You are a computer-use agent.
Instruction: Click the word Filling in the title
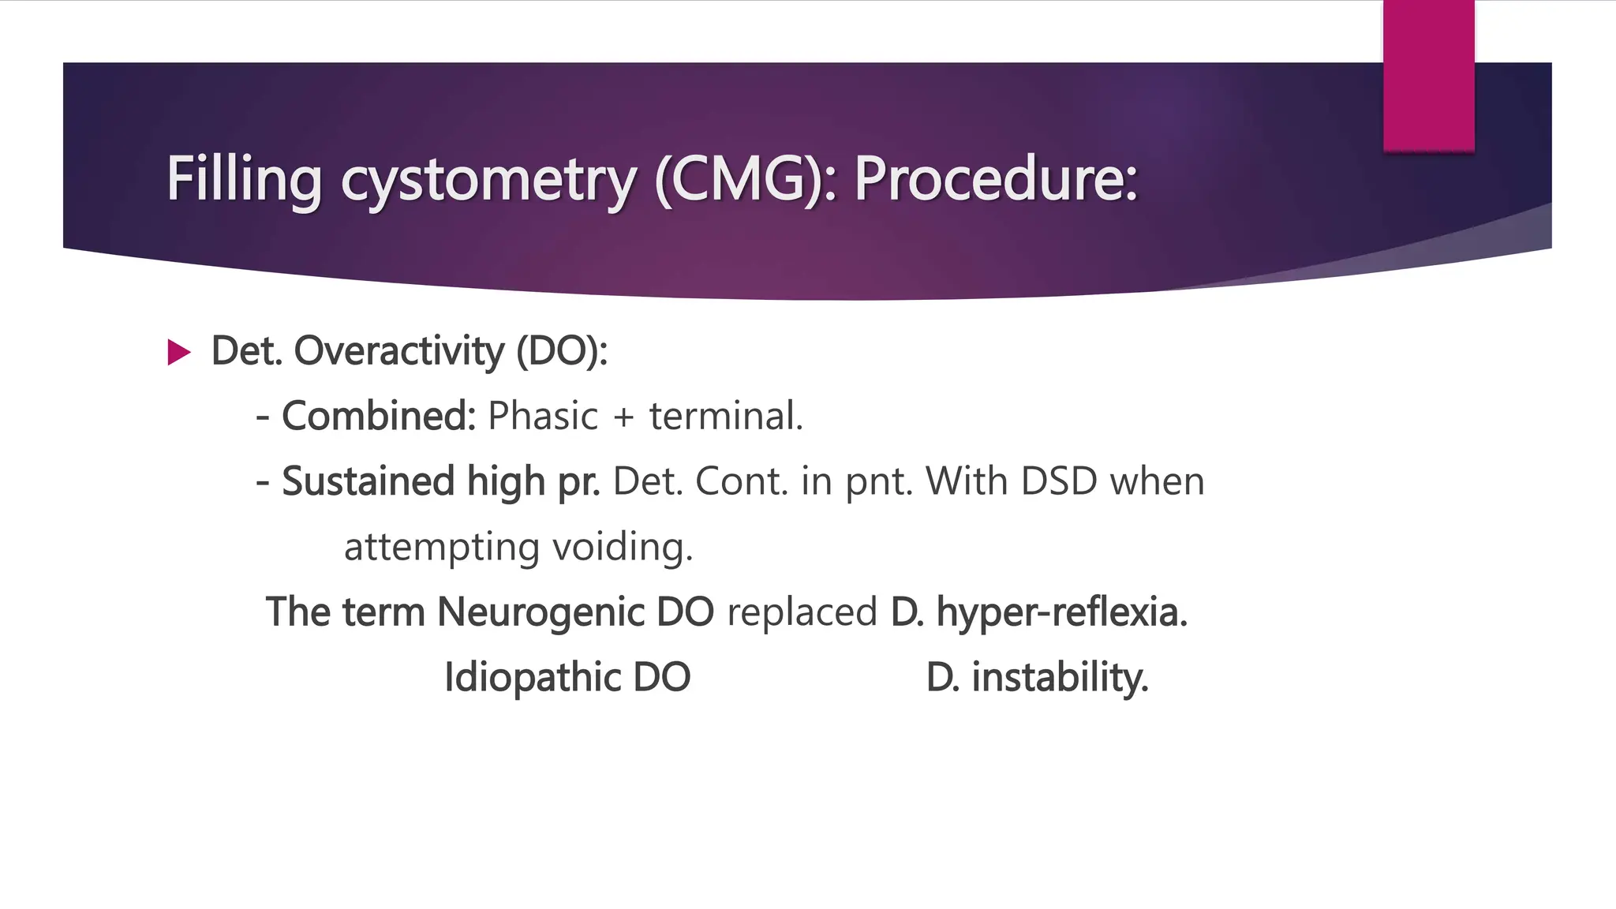(x=244, y=179)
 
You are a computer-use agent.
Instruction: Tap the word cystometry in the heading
(x=488, y=181)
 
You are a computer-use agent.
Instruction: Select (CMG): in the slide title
(x=746, y=179)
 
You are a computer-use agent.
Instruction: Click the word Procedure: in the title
(x=996, y=179)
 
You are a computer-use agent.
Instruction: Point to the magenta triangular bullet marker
(x=179, y=353)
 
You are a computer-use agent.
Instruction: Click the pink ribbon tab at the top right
(x=1428, y=75)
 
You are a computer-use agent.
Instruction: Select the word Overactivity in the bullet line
(x=398, y=351)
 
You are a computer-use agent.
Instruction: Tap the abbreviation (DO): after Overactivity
(x=562, y=351)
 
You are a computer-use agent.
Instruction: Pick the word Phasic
(x=543, y=416)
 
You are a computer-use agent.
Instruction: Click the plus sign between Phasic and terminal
(x=623, y=417)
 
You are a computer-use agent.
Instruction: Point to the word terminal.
(x=725, y=416)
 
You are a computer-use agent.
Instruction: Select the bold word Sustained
(x=368, y=481)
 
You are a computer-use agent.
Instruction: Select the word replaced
(x=802, y=612)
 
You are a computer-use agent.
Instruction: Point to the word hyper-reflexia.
(x=1061, y=612)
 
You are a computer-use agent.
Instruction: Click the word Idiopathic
(x=533, y=678)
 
